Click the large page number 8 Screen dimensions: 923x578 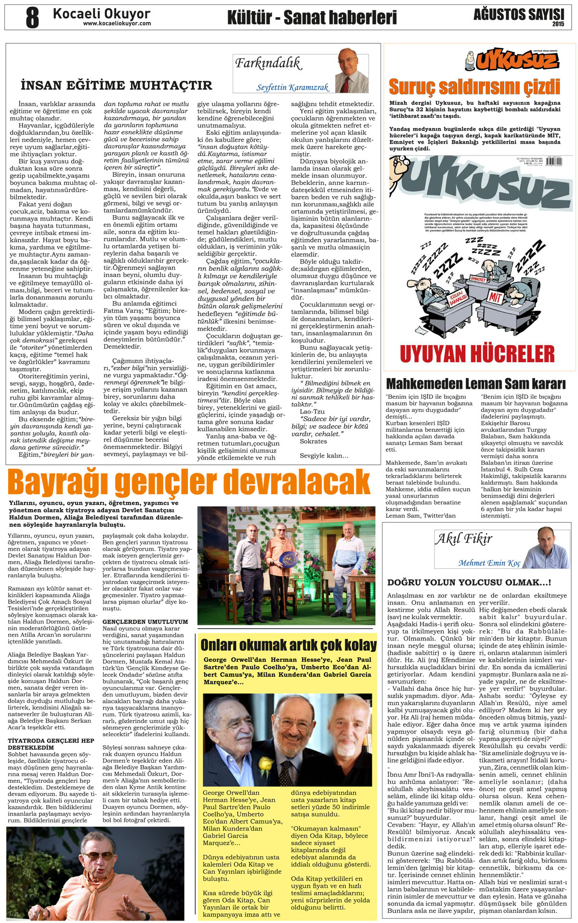pyautogui.click(x=32, y=17)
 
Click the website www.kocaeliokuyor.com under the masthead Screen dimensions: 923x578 pyautogui.click(x=117, y=23)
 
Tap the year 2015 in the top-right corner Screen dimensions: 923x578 pyautogui.click(x=558, y=24)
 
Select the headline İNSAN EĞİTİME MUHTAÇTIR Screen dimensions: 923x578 pyautogui.click(x=117, y=86)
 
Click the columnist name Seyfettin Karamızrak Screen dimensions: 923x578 pyautogui.click(x=292, y=87)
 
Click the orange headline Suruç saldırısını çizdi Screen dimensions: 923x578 pyautogui.click(x=474, y=87)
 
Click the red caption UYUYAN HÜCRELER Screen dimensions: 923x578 pyautogui.click(x=477, y=354)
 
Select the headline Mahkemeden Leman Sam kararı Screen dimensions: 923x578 pyautogui.click(x=476, y=384)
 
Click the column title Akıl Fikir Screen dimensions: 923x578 pyautogui.click(x=464, y=539)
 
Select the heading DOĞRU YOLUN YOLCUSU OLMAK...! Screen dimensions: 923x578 pyautogui.click(x=469, y=582)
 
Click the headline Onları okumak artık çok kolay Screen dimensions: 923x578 pyautogui.click(x=288, y=645)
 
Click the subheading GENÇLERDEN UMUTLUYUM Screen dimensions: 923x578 pyautogui.click(x=145, y=622)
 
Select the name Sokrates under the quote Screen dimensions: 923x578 pyautogui.click(x=313, y=441)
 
